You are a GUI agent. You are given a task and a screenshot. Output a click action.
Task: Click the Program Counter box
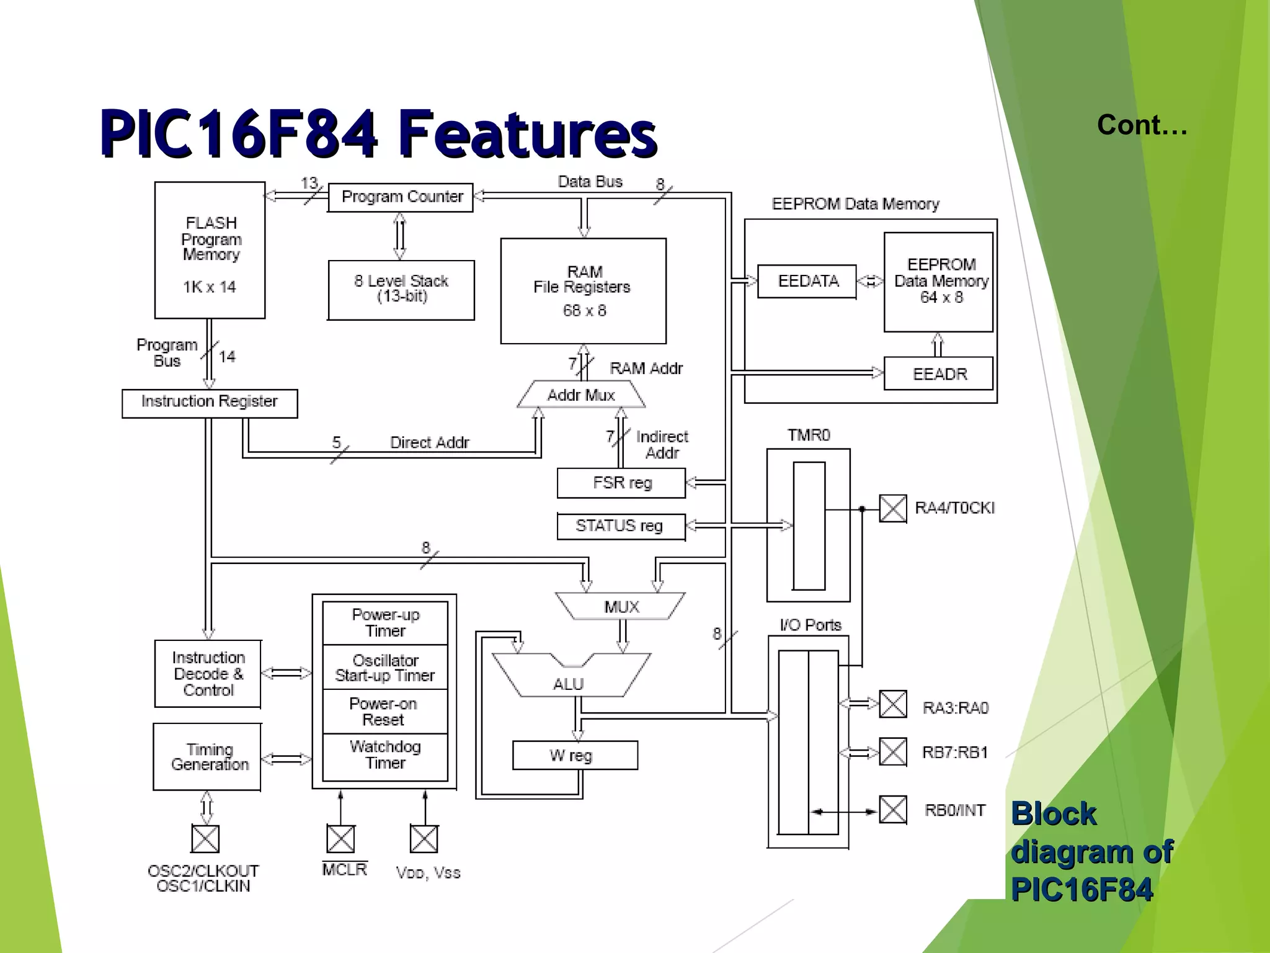click(x=401, y=197)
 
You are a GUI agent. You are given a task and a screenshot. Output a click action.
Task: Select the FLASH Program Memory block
click(x=210, y=250)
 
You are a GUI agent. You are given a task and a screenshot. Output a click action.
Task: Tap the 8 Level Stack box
click(x=401, y=290)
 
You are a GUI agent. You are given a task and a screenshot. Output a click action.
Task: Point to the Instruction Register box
click(x=210, y=403)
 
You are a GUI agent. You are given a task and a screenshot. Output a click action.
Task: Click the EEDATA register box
click(x=807, y=282)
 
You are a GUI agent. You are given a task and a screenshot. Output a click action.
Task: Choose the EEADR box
click(x=938, y=374)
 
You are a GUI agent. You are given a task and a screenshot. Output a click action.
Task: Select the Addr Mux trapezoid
click(x=581, y=395)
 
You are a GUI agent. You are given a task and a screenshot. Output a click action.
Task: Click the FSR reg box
click(x=621, y=483)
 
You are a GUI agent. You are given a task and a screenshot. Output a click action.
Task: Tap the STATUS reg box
click(x=621, y=526)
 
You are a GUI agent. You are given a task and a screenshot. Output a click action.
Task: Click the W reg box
click(x=574, y=755)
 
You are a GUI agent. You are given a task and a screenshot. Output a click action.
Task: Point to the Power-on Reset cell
click(x=384, y=712)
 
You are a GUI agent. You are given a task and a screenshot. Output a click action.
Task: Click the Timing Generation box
click(x=207, y=756)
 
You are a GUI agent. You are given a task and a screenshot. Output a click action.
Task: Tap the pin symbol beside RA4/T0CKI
click(x=893, y=509)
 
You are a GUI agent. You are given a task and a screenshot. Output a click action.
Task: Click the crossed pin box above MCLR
click(x=340, y=839)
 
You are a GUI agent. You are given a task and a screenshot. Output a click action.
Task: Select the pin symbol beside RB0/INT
click(x=893, y=810)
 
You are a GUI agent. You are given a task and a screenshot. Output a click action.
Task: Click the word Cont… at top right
click(x=1142, y=125)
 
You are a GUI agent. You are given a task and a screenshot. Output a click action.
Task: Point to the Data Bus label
click(x=590, y=182)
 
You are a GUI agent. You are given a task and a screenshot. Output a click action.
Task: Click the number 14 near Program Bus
click(x=228, y=357)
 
